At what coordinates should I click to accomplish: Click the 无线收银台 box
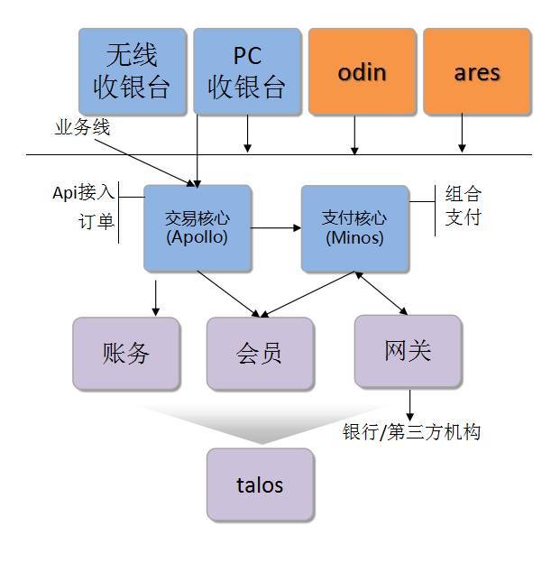click(133, 70)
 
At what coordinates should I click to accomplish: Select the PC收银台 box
click(247, 70)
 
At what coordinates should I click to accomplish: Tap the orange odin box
click(362, 70)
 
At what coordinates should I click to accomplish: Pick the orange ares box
click(476, 70)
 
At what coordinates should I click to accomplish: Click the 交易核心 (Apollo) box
click(197, 228)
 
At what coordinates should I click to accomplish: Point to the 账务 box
click(126, 353)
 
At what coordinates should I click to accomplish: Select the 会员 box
click(260, 353)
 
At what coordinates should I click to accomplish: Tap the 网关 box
click(408, 350)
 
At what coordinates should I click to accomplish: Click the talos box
click(260, 485)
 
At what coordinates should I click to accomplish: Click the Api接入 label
click(84, 192)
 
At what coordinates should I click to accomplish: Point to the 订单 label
click(96, 221)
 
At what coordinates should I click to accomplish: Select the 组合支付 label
click(463, 206)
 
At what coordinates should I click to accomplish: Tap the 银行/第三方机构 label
click(411, 432)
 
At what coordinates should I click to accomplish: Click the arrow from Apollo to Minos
click(275, 228)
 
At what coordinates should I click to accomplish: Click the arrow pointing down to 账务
click(156, 298)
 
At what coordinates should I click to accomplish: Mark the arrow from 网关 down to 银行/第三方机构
click(410, 403)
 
